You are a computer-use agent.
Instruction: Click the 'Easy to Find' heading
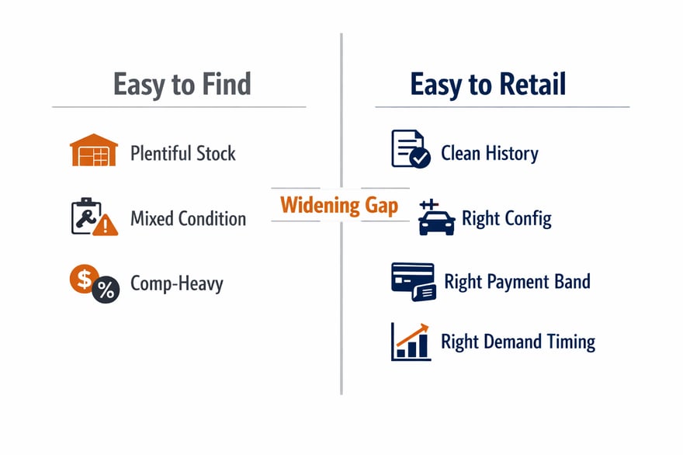tap(182, 84)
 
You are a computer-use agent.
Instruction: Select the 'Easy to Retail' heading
tap(488, 84)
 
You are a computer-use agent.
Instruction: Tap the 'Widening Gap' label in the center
tap(339, 205)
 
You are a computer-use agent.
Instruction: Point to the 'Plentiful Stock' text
tap(183, 153)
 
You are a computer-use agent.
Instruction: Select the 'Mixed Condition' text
tap(188, 219)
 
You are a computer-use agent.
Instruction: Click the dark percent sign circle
tap(106, 290)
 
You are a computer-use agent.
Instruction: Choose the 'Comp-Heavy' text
tap(177, 283)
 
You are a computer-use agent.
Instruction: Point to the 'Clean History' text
tap(489, 153)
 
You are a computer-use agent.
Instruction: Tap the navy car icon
tap(436, 218)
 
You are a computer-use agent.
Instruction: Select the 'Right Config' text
tap(506, 218)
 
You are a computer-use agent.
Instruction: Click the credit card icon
tap(412, 281)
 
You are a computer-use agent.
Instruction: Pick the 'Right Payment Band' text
tap(517, 281)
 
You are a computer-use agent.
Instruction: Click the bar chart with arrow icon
tap(411, 342)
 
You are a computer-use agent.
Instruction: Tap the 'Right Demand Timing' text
tap(518, 342)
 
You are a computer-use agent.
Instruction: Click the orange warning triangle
tap(105, 224)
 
